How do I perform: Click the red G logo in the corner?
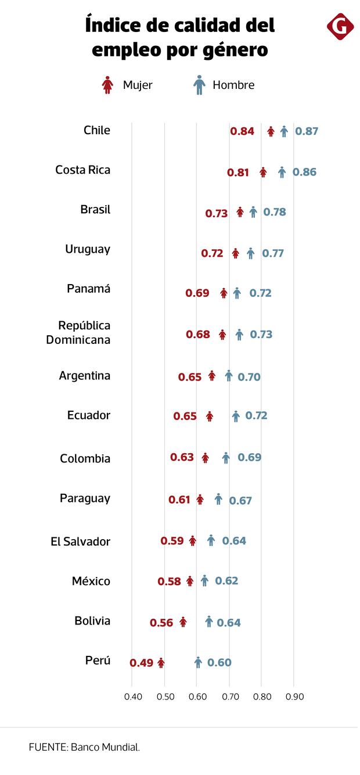[x=340, y=27]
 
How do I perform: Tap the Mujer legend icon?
[x=107, y=85]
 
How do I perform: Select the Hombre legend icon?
[x=199, y=85]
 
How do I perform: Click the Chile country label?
[x=97, y=130]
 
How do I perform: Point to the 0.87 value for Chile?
[x=307, y=131]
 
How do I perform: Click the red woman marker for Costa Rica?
[x=263, y=172]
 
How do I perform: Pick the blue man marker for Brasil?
[x=253, y=212]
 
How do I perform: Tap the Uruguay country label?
[x=88, y=249]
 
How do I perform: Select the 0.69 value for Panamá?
[x=197, y=293]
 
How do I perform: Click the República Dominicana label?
[x=78, y=332]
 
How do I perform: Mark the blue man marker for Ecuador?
[x=236, y=416]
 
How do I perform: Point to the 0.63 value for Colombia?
[x=182, y=457]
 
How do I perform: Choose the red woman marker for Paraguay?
[x=200, y=499]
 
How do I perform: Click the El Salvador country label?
[x=80, y=541]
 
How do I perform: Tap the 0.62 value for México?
[x=226, y=580]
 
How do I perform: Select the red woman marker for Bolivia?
[x=183, y=622]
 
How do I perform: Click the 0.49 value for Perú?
[x=141, y=663]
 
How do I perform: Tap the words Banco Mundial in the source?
[x=105, y=748]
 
